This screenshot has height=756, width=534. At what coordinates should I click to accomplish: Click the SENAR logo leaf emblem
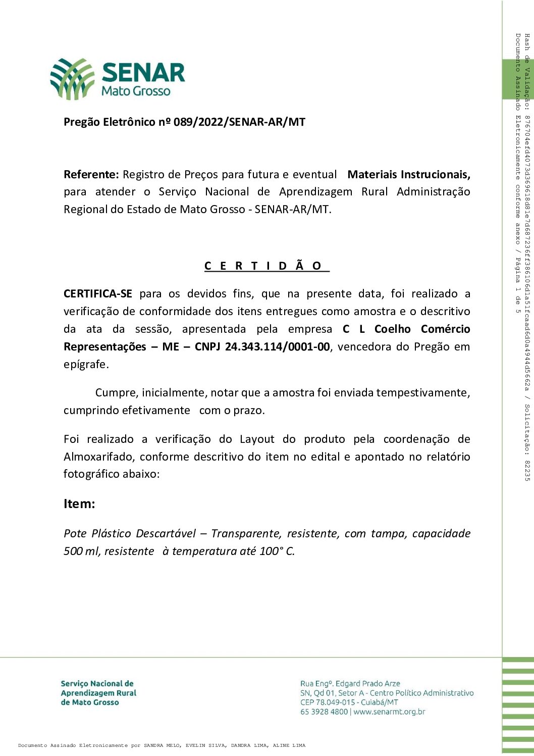pyautogui.click(x=72, y=78)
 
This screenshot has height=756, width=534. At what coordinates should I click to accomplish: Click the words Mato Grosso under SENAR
pyautogui.click(x=136, y=91)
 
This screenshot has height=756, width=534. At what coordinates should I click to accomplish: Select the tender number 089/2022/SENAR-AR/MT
pyautogui.click(x=239, y=122)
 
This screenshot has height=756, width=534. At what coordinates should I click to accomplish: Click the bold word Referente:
pyautogui.click(x=91, y=175)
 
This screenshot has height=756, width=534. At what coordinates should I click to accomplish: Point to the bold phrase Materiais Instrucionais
pyautogui.click(x=408, y=175)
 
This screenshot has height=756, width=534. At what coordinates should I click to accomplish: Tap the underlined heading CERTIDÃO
pyautogui.click(x=266, y=266)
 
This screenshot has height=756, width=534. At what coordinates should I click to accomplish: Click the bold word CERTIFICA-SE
pyautogui.click(x=98, y=294)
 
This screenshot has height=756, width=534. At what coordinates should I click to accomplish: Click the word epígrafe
pyautogui.click(x=86, y=365)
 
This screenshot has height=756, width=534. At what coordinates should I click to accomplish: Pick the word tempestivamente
pyautogui.click(x=422, y=393)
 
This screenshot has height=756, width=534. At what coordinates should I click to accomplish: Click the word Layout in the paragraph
pyautogui.click(x=257, y=439)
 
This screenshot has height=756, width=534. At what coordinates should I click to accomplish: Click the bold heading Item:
pyautogui.click(x=79, y=504)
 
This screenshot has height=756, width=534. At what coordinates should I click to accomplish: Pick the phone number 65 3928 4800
pyautogui.click(x=324, y=712)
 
